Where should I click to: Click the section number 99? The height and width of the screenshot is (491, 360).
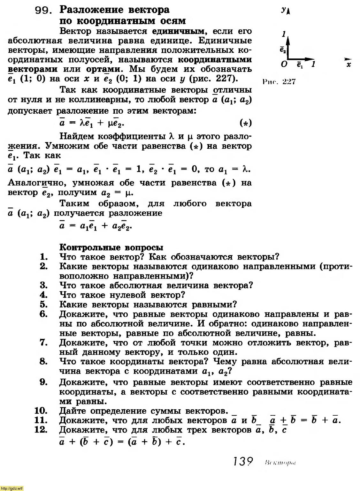point(43,11)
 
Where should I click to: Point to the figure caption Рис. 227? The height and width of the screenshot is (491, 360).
point(279,82)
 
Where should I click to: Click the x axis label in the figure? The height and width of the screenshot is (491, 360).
point(349,65)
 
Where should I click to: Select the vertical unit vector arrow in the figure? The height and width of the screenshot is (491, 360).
point(288,48)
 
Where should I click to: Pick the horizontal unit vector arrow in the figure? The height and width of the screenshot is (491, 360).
point(300,59)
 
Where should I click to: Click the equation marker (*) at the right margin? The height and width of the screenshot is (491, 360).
point(245,123)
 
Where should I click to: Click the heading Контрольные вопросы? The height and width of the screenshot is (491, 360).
point(111,247)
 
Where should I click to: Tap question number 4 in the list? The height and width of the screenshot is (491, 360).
point(44,295)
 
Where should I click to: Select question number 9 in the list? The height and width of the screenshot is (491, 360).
point(44,382)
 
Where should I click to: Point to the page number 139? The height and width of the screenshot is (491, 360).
point(243,462)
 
